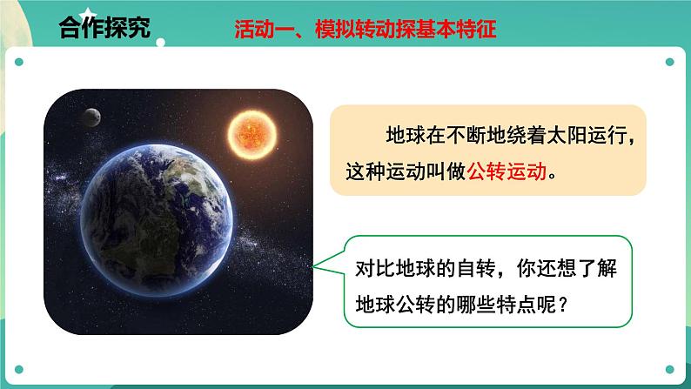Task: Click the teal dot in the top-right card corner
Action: coord(669,62)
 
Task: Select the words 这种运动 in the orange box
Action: coord(390,172)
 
